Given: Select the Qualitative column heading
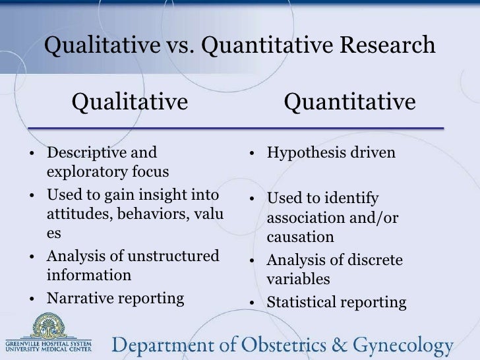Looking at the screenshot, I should tap(130, 102).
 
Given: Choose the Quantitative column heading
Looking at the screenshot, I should tap(349, 102).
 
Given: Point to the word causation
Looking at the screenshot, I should tap(300, 236).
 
